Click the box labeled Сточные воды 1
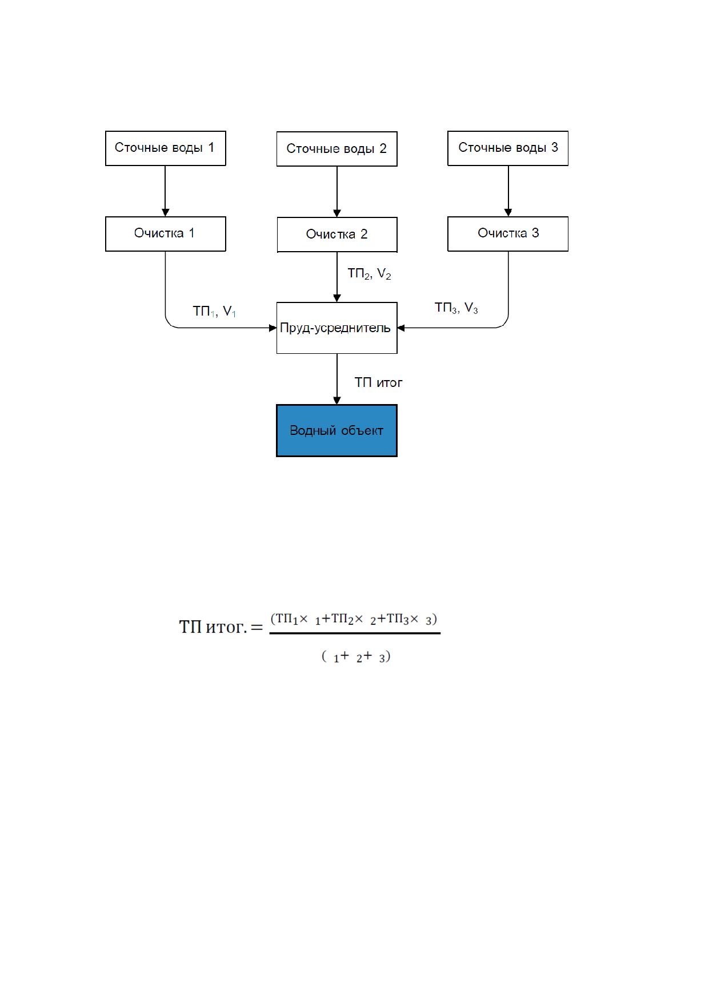pos(166,148)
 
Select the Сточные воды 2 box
pos(337,149)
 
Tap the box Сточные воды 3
pos(508,148)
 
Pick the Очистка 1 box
pos(166,234)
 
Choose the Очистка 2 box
pos(337,235)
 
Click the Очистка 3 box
pos(508,234)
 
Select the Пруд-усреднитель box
pos(337,328)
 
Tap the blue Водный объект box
pos(337,431)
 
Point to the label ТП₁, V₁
pos(214,312)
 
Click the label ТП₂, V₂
pos(369,275)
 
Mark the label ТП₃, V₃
pos(456,308)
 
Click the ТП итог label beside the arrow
pos(378,382)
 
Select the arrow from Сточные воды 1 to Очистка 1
pos(166,191)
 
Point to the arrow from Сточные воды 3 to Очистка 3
pos(508,191)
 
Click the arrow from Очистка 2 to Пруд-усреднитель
pos(337,277)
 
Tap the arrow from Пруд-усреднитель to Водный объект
pos(337,379)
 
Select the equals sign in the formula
pos(257,628)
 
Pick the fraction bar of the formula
pos(355,633)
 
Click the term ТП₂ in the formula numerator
pos(342,620)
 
